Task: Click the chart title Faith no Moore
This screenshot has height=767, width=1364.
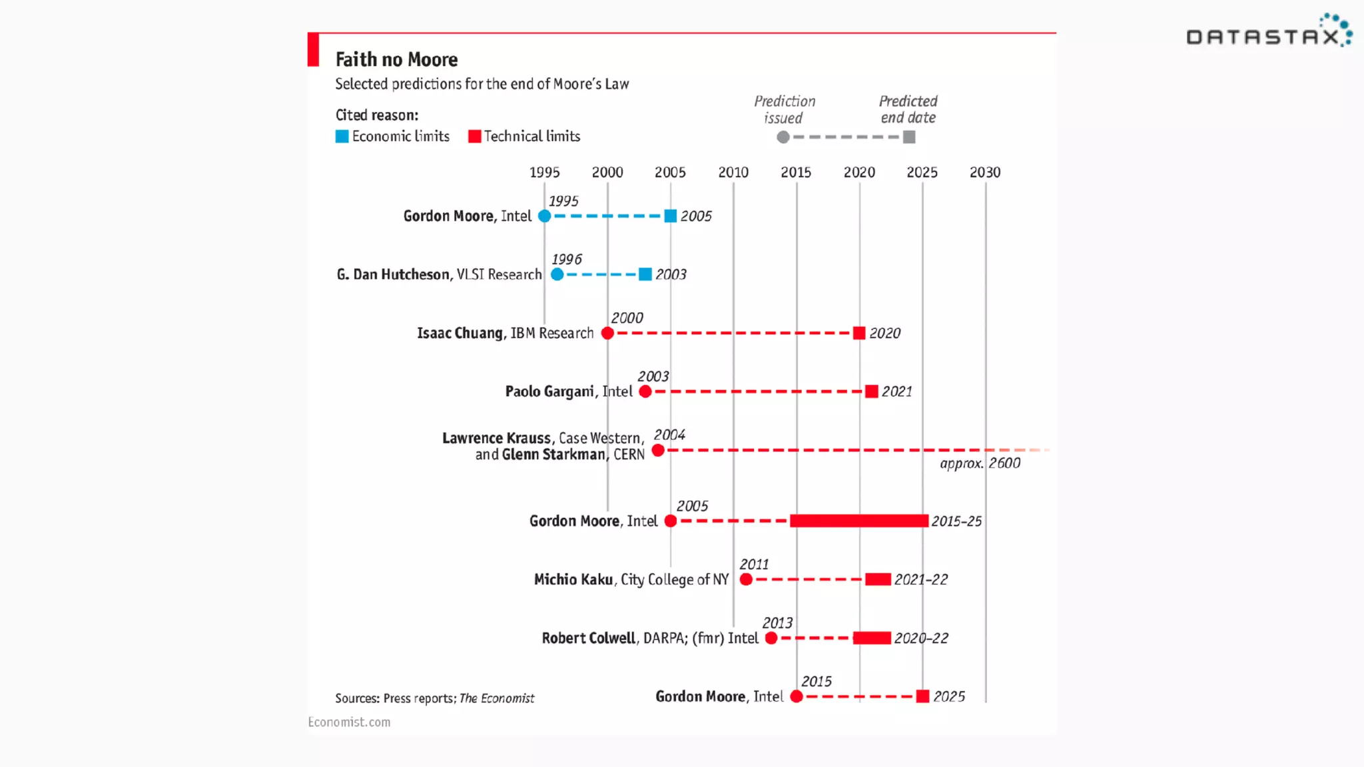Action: [396, 60]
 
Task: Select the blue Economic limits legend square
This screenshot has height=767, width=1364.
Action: [342, 136]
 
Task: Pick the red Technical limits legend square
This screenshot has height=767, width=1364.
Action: [474, 136]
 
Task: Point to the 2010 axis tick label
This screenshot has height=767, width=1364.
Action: [733, 172]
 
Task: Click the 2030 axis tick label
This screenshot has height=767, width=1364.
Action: [985, 172]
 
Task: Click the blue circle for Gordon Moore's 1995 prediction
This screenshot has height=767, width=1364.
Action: [544, 216]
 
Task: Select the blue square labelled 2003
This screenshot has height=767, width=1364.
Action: [645, 274]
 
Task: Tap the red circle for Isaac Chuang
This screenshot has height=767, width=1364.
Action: [607, 333]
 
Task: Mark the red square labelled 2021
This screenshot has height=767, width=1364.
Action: [871, 391]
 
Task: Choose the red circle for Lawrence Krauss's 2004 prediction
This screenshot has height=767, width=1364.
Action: [658, 451]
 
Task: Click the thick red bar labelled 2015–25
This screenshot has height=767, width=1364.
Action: [858, 521]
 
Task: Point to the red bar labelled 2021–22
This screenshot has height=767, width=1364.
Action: [878, 579]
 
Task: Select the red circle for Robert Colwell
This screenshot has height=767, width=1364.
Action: [771, 638]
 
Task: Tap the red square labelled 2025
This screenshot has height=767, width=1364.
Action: [922, 696]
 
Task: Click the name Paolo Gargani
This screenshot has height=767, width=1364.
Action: [549, 391]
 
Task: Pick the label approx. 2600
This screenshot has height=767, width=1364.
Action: [980, 463]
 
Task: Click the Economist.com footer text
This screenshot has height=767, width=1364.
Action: [349, 722]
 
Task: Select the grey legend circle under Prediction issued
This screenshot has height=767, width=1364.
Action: [783, 137]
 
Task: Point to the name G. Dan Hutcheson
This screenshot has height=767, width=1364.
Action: [393, 274]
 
